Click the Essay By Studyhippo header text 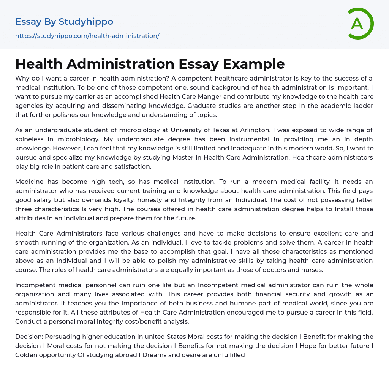[64, 22]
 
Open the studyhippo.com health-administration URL [87, 36]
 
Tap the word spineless [30, 139]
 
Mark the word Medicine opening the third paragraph [29, 182]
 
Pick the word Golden [25, 355]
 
